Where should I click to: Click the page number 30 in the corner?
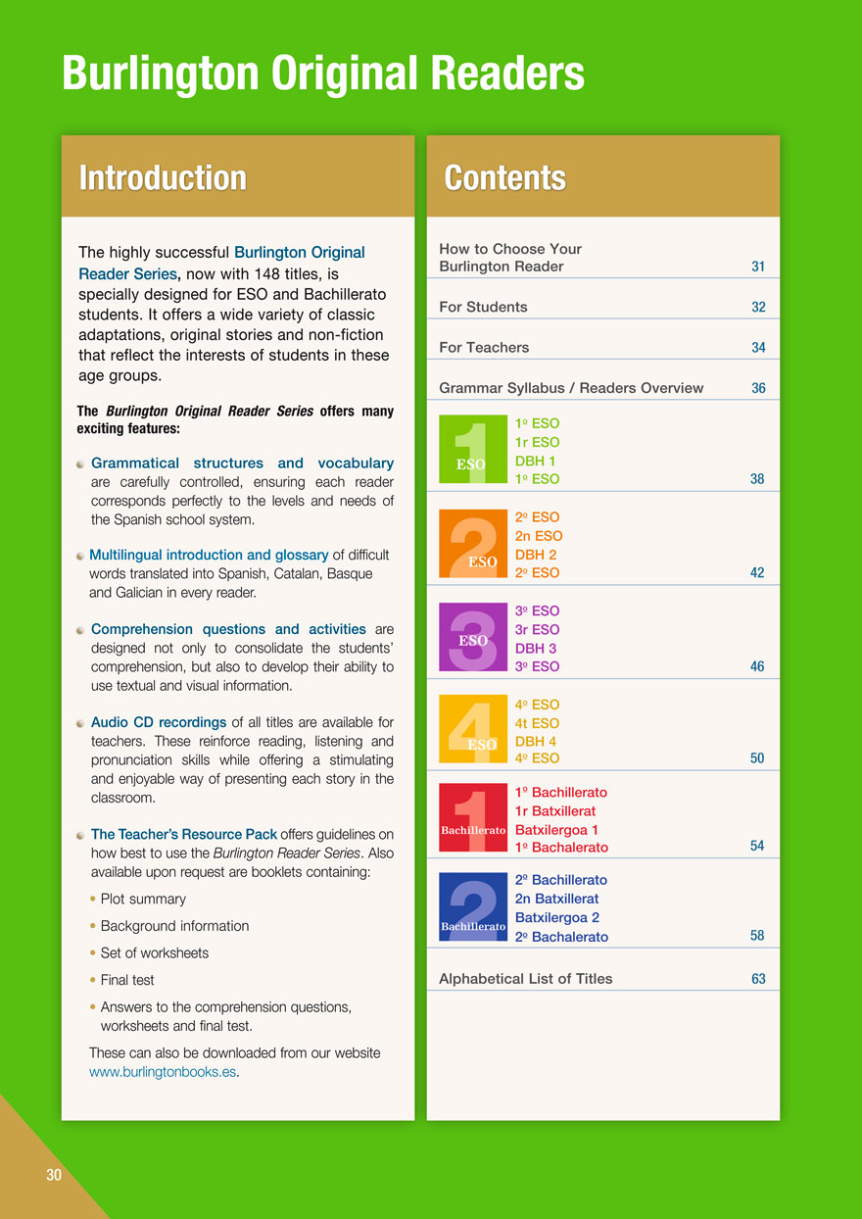[53, 1175]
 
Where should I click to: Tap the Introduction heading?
[163, 177]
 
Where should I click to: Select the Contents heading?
[504, 177]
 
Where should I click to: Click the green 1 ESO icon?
[473, 450]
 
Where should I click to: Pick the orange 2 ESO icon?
[473, 544]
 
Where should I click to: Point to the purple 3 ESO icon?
[473, 637]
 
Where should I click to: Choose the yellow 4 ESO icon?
[473, 729]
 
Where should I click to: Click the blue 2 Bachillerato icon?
[473, 906]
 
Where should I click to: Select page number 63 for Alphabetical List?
[758, 979]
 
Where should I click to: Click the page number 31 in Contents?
[758, 267]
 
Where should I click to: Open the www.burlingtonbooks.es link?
[163, 1071]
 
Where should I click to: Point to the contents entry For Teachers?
[484, 347]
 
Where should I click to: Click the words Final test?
[127, 980]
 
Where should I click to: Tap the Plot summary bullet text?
[143, 899]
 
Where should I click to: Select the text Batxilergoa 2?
[556, 918]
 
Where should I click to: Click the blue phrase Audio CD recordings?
[159, 723]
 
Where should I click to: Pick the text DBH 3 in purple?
[536, 648]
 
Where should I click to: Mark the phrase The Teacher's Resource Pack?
[184, 835]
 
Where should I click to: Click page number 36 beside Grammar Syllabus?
[758, 388]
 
